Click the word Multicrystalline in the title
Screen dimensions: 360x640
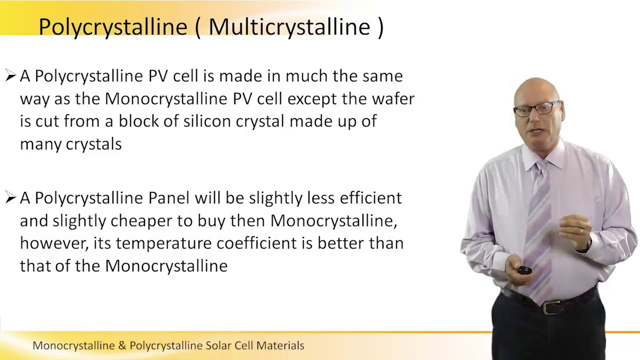pos(288,26)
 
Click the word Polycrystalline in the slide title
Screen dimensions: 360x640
pos(112,27)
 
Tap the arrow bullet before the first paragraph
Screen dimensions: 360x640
pos(10,76)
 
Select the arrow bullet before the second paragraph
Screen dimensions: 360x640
pos(10,198)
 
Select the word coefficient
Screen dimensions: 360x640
pos(254,243)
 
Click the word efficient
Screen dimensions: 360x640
pos(370,197)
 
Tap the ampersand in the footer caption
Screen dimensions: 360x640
pos(122,345)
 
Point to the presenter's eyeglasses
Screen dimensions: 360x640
pos(536,108)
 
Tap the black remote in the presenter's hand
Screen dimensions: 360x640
pos(523,270)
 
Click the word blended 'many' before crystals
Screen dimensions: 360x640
pos(40,144)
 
